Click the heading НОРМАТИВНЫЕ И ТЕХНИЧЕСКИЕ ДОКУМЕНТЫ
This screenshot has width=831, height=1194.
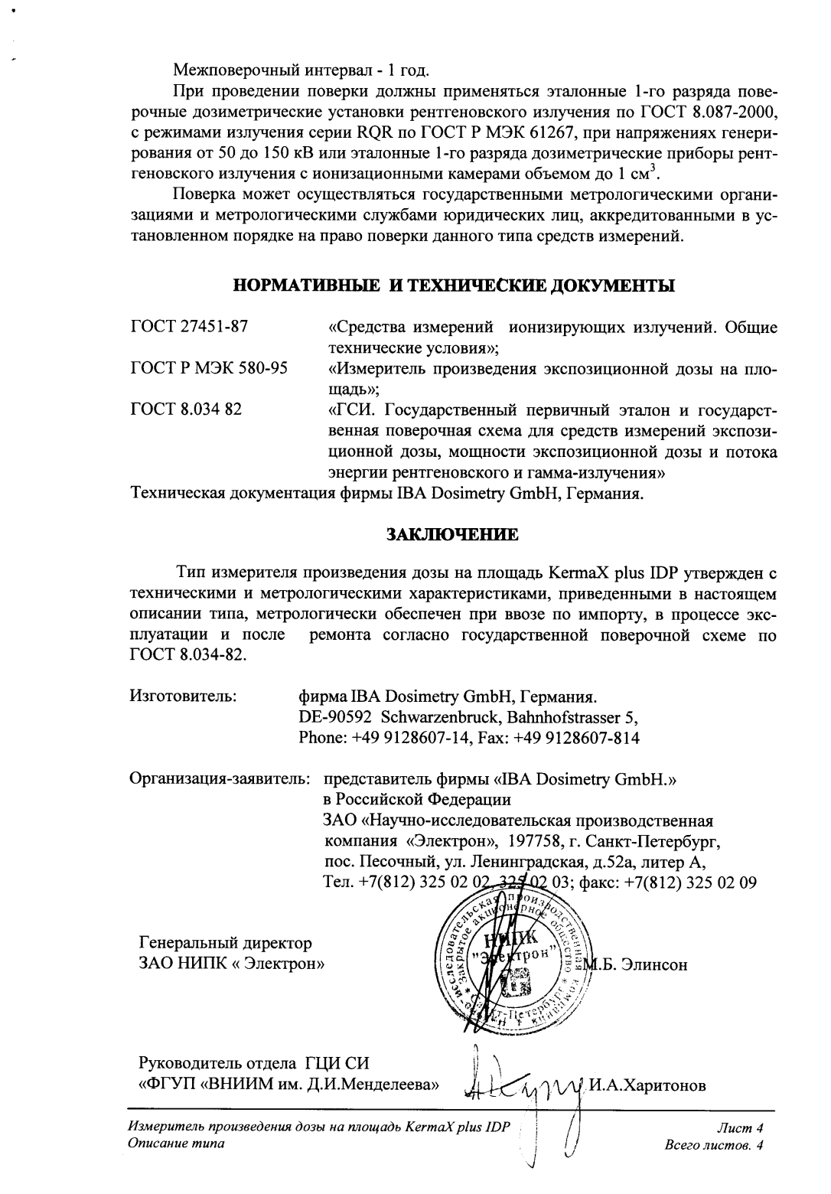(454, 287)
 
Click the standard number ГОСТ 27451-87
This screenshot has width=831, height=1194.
(190, 328)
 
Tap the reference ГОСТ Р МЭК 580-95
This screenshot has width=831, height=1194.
(210, 369)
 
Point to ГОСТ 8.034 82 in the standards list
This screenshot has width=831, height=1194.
(187, 409)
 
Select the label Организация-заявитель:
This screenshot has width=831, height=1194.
(220, 780)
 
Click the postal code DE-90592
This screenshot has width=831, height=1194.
(335, 719)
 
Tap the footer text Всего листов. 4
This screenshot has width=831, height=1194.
(715, 1145)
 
